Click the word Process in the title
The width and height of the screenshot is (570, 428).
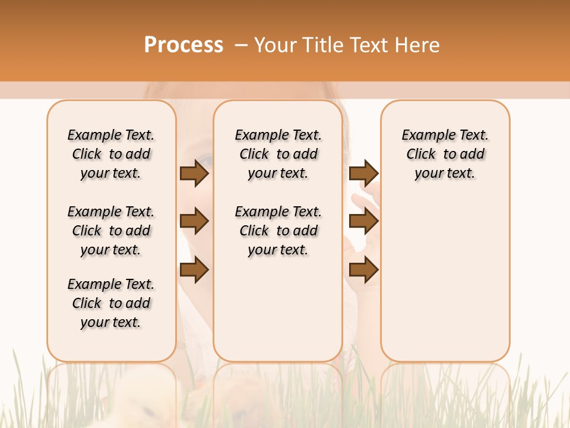183,45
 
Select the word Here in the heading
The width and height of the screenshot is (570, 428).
418,45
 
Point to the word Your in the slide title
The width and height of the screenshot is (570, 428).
277,45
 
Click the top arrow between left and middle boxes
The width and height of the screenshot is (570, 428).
194,174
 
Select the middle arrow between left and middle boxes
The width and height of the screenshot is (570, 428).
194,222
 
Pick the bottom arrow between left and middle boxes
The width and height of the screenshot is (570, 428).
194,270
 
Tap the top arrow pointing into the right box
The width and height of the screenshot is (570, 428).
363,174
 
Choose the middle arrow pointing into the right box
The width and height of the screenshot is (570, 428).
363,222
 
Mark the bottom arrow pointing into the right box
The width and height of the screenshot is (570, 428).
363,270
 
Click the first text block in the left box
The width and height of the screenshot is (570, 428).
111,154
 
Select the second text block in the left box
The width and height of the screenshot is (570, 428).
111,231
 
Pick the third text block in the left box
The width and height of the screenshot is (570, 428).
111,303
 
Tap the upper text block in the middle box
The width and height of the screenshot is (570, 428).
278,154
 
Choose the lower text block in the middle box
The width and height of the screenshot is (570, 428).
278,231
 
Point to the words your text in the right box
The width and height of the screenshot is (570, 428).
445,174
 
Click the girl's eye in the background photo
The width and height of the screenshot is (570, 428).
203,159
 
